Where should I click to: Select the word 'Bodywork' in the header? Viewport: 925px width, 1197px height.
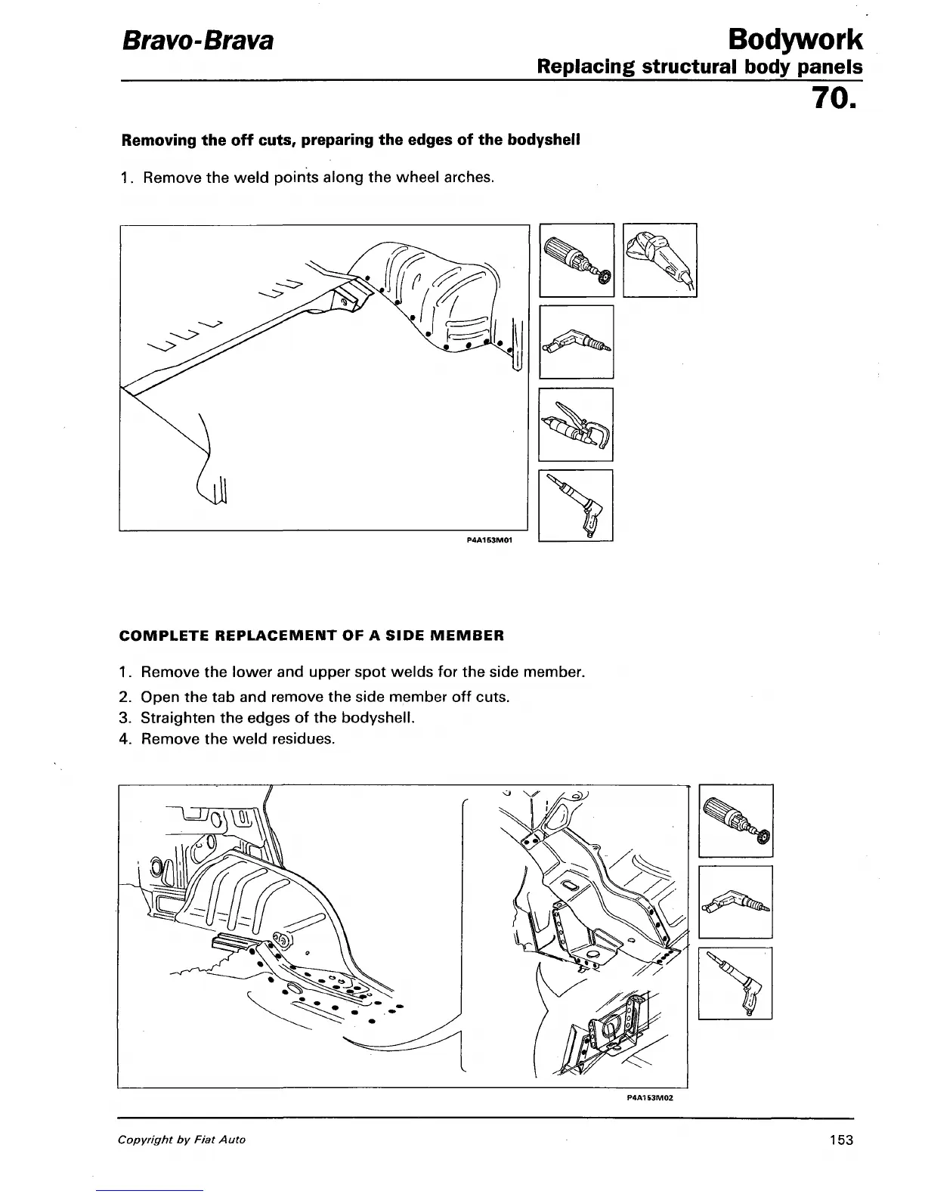[x=792, y=39]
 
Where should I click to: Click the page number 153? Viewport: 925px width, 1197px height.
[x=840, y=1140]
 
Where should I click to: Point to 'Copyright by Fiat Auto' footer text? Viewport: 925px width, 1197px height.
[x=181, y=1140]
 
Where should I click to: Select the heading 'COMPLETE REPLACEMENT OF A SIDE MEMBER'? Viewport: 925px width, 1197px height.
[x=311, y=636]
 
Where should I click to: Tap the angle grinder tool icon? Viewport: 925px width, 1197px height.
[x=659, y=260]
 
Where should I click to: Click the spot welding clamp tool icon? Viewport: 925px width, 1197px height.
[x=576, y=424]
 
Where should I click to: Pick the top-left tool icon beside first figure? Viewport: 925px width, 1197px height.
[x=577, y=260]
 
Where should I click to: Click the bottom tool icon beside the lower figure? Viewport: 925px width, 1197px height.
[x=735, y=983]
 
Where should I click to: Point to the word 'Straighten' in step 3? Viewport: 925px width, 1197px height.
[x=177, y=717]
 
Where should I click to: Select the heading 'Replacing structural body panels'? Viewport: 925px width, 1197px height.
[x=699, y=67]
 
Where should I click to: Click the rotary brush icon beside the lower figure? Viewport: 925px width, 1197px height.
[x=735, y=821]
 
